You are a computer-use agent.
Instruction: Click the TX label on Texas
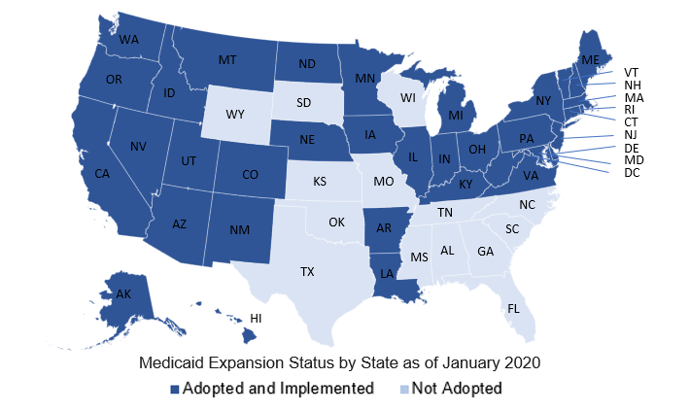307,271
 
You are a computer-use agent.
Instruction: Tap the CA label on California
102,174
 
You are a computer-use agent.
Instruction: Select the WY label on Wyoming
234,115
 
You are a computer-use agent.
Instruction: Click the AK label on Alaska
123,294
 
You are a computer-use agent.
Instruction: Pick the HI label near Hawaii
257,318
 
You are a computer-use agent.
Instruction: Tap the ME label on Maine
589,60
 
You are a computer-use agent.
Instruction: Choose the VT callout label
631,73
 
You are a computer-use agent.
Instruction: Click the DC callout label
631,173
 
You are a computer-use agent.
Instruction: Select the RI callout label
629,110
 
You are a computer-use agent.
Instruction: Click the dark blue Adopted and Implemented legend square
175,389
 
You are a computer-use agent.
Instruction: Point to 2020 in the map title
520,363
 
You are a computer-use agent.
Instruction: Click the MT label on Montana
227,60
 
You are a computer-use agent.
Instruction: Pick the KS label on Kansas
320,182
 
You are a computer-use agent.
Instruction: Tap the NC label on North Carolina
527,206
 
